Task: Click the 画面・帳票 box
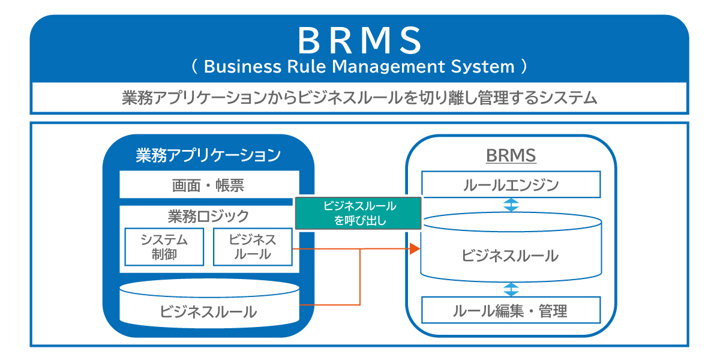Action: pos(208,185)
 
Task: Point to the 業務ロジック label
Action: pos(208,215)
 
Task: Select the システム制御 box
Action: pos(164,247)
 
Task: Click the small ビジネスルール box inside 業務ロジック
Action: pos(253,247)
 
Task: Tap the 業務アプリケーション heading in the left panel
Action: pos(208,155)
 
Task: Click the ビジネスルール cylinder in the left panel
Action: pos(208,308)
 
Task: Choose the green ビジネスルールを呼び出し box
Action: pos(359,214)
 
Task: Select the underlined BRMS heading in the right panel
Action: pos(511,156)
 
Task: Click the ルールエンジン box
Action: pos(511,185)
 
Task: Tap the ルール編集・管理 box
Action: pos(511,311)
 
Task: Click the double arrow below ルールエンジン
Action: pos(511,205)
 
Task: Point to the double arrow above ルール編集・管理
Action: pos(511,289)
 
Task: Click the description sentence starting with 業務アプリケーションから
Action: pos(359,98)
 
